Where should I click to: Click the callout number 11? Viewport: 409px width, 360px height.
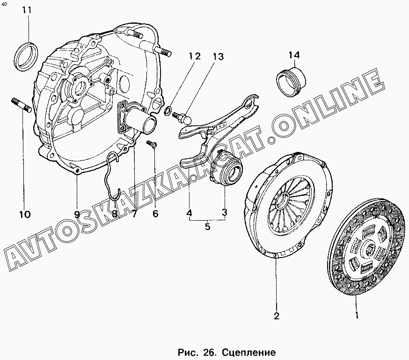tap(28, 10)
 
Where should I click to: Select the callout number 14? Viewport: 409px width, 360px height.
tap(293, 56)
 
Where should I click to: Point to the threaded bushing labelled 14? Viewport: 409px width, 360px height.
tap(290, 81)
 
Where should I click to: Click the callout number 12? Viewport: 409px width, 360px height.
tap(194, 57)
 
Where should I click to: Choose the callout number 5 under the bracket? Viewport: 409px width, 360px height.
tap(207, 227)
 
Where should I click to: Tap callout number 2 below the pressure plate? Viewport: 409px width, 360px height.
tap(276, 316)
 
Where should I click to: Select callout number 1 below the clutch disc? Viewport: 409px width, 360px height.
tap(357, 316)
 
